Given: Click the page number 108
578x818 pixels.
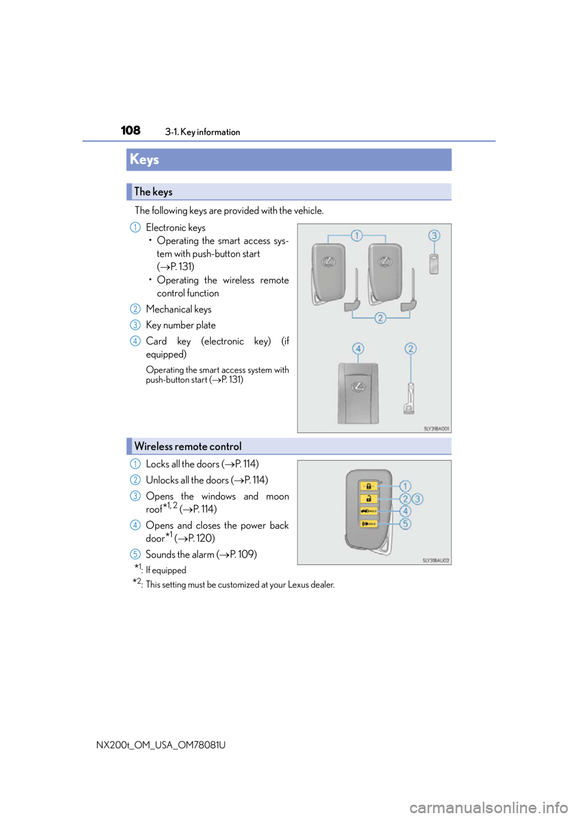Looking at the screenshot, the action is click(x=130, y=130).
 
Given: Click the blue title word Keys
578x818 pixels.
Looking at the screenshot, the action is click(x=144, y=160).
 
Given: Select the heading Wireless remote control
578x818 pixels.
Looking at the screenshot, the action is click(x=188, y=446).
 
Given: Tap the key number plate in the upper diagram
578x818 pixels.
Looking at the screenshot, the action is click(x=433, y=264).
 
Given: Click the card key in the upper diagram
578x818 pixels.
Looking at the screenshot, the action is click(x=358, y=393).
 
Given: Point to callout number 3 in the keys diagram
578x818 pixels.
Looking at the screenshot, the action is click(x=434, y=236).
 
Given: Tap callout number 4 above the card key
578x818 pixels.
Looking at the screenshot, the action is click(x=358, y=349).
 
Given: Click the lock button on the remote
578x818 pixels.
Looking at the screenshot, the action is click(x=368, y=486).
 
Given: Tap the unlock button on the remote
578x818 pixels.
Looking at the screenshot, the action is click(x=368, y=499).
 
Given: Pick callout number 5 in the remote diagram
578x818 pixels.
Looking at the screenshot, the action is click(x=405, y=523).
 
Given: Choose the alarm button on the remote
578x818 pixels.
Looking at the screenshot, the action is click(x=368, y=523).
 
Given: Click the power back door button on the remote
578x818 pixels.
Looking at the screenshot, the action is click(x=368, y=511).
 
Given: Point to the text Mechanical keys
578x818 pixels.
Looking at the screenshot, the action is click(x=179, y=309).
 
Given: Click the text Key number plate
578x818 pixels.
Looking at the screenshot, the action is click(x=181, y=325).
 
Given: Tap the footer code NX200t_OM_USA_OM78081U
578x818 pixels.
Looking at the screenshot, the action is click(x=161, y=745).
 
